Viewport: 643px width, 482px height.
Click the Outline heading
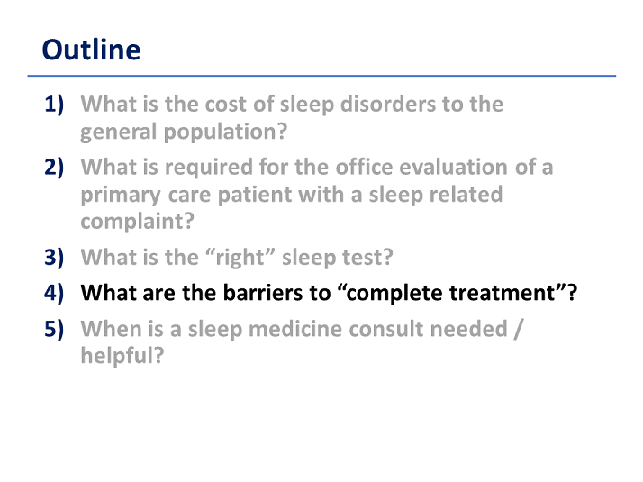(92, 50)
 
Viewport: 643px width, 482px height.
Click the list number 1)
(54, 105)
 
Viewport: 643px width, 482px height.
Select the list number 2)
(54, 167)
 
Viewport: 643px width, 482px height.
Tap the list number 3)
(54, 257)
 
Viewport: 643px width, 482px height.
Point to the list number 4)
(54, 293)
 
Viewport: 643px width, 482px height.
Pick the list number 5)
(54, 329)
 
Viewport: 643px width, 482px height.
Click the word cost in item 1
(226, 105)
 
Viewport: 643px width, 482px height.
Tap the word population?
(225, 132)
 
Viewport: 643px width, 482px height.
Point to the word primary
(121, 195)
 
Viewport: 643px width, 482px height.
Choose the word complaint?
(138, 222)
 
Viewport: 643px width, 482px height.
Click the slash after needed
(519, 329)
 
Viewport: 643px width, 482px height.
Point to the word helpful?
(122, 356)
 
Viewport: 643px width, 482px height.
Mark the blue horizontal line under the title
(321, 76)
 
